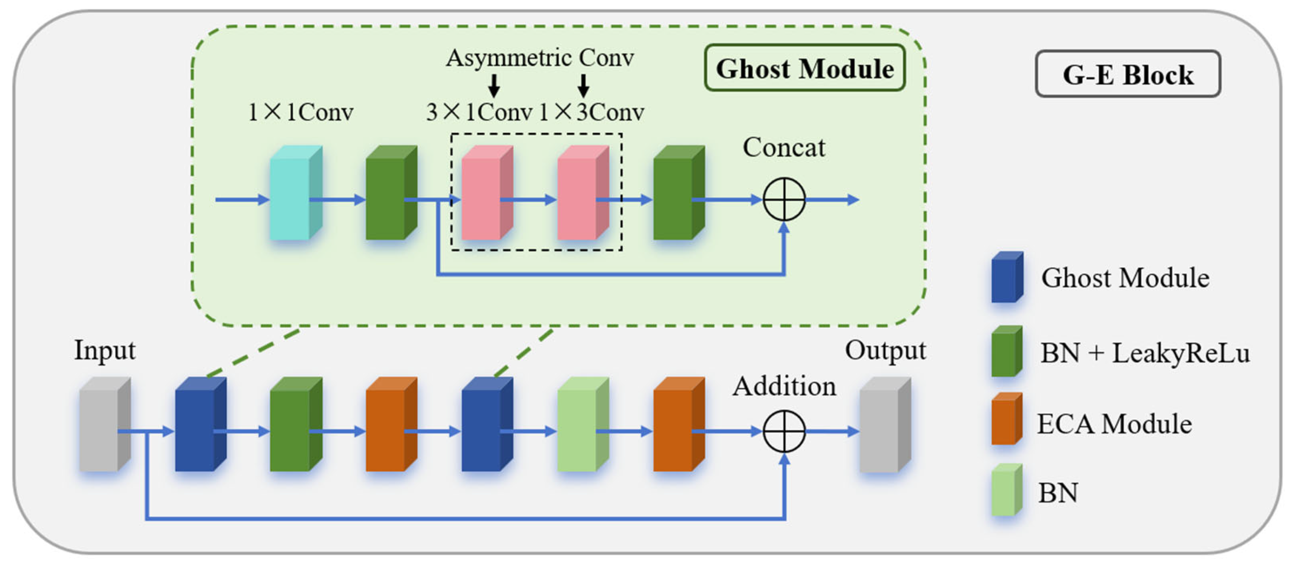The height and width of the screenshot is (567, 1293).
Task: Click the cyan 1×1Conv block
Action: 296,193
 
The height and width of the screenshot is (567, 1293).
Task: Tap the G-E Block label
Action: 1128,74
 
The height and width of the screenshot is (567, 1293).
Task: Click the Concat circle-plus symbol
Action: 784,199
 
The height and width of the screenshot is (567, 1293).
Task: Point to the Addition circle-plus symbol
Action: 784,431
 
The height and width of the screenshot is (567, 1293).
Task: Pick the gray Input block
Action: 105,424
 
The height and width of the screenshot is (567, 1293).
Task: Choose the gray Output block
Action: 885,424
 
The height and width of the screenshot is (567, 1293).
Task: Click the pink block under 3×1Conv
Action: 487,193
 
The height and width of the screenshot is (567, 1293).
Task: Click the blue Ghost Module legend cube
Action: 1007,277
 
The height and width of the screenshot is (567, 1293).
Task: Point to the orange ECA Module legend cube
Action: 1007,418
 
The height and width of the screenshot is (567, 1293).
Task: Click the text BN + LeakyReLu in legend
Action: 1145,353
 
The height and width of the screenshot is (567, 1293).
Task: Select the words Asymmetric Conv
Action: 540,58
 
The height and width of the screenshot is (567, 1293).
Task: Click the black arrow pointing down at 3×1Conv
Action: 494,85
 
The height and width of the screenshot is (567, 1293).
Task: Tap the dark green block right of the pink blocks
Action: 679,193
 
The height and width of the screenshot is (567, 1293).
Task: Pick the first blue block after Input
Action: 200,424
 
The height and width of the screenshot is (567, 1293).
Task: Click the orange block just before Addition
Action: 679,424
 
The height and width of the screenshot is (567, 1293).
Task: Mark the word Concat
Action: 784,147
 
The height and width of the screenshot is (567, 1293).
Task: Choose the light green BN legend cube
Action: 1007,490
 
